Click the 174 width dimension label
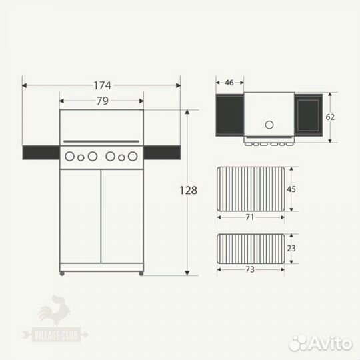[x=103, y=85]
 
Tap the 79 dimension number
[x=102, y=101]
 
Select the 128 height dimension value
[x=188, y=190]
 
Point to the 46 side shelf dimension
[x=229, y=83]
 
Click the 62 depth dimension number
[x=330, y=117]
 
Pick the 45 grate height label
[x=291, y=189]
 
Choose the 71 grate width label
[x=250, y=217]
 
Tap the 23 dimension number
[x=291, y=249]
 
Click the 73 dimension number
[x=250, y=269]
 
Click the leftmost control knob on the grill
[x=69, y=157]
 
